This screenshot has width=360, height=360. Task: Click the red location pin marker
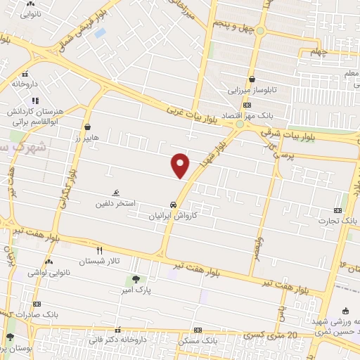tap(181, 165)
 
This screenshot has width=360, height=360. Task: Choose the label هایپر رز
tap(87, 139)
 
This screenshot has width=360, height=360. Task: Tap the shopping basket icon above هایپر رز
tap(87, 128)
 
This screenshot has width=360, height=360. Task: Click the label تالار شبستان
tap(100, 261)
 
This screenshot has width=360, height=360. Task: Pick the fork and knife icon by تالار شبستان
tap(99, 250)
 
